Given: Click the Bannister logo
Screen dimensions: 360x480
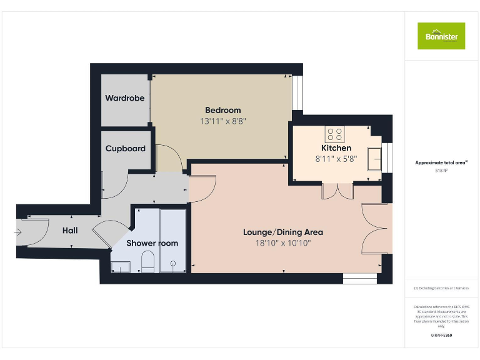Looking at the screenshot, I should [x=441, y=36].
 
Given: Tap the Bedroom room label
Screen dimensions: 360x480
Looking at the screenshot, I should [x=222, y=110].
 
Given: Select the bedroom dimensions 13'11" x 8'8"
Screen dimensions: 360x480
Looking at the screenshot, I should [x=222, y=121].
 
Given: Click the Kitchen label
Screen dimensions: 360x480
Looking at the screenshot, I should [x=337, y=148].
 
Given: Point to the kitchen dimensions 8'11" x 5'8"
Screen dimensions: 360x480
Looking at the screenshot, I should [x=337, y=159].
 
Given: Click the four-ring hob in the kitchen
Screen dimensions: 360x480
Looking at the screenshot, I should [x=334, y=134].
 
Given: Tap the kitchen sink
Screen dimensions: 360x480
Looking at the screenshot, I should [x=375, y=159].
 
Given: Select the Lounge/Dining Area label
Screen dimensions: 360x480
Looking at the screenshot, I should [x=283, y=232].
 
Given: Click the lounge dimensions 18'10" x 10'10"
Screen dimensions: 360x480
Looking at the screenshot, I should [x=283, y=243].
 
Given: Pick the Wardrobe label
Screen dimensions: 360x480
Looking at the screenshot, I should [x=125, y=98].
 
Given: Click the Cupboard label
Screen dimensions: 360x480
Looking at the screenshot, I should [x=125, y=149].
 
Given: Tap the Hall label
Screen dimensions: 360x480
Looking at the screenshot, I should [x=70, y=231].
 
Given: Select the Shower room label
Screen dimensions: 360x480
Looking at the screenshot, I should [x=152, y=243].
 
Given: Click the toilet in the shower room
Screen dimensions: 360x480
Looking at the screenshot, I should [x=148, y=261].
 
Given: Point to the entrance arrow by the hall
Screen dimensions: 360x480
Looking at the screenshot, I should [x=19, y=231].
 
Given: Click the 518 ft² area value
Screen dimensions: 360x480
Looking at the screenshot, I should [x=441, y=170].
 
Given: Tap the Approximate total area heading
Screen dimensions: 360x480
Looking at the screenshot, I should [x=441, y=162].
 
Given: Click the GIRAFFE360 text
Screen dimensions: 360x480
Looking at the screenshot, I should [x=441, y=336].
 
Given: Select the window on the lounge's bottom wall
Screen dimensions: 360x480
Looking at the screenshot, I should [x=360, y=279].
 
